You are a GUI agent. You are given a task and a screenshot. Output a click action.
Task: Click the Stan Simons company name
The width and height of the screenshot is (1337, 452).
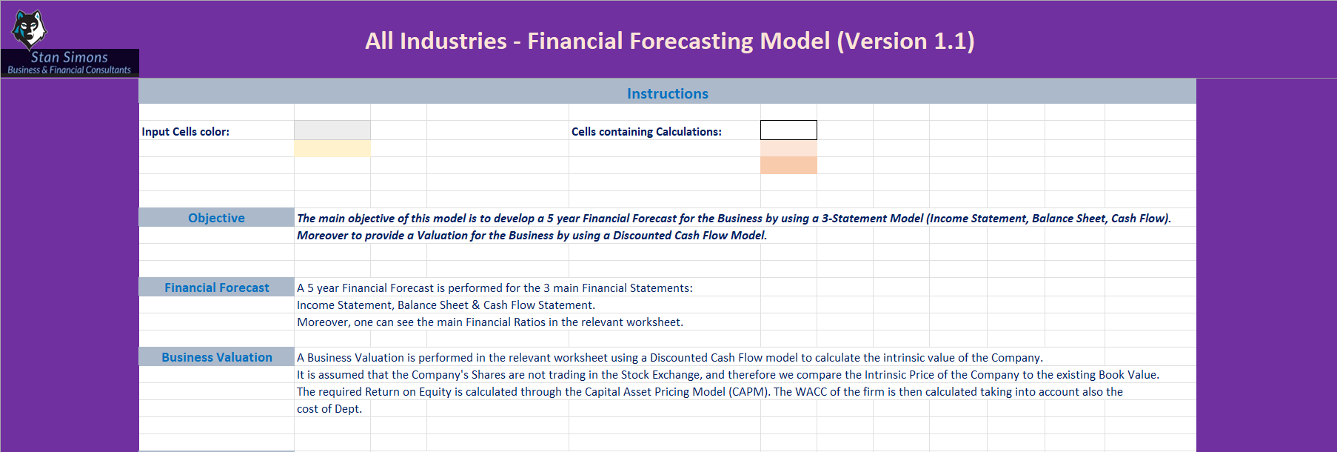[x=70, y=57]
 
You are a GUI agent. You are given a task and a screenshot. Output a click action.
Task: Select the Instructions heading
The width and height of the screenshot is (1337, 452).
[x=668, y=93]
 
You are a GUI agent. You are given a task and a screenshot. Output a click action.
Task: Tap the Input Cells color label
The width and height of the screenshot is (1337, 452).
[x=186, y=131]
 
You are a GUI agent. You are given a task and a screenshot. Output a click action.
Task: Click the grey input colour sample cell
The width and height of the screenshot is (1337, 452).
[x=332, y=130]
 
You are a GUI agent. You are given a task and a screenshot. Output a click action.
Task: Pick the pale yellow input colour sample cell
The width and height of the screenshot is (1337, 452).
[x=332, y=148]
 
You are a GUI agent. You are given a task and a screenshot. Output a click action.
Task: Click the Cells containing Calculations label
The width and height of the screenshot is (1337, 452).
[x=646, y=131]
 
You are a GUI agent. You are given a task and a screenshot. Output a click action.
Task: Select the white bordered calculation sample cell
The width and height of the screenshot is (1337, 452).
[x=788, y=130]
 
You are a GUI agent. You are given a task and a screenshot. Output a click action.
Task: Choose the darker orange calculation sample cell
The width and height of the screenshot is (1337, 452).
[x=788, y=165]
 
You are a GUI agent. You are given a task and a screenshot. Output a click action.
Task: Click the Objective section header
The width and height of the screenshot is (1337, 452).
[x=216, y=218]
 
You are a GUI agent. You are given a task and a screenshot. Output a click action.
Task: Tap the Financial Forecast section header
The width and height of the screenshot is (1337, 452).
[x=216, y=288]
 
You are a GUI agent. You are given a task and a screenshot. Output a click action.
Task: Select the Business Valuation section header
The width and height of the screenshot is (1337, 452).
[x=216, y=357]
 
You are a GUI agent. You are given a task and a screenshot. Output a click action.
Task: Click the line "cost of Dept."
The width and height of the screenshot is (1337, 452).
[x=329, y=409]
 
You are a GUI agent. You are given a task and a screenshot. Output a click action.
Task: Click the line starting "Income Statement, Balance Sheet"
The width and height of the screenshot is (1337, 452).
[x=446, y=305]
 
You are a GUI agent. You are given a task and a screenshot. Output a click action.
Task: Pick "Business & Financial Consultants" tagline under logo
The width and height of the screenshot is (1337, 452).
[x=70, y=70]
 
